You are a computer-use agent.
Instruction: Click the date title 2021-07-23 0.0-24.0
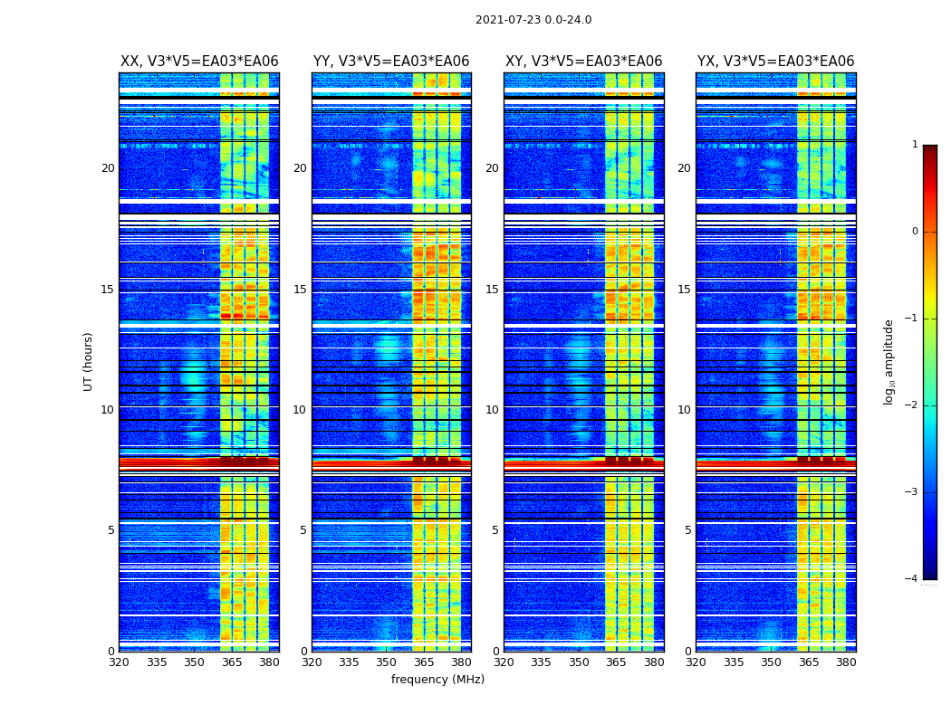(x=533, y=20)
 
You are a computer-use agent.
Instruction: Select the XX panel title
(x=199, y=62)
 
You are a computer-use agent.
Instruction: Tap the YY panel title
(x=391, y=62)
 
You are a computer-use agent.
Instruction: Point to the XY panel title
(x=583, y=62)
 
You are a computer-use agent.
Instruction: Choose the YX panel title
(x=775, y=62)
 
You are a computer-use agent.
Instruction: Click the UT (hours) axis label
(x=89, y=361)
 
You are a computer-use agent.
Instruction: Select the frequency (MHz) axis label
(x=437, y=680)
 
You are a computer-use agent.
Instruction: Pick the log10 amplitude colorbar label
(x=889, y=361)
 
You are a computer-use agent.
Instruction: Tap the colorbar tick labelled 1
(x=915, y=145)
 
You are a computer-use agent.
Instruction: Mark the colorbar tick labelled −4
(x=912, y=579)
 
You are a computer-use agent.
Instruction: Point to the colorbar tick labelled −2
(x=912, y=405)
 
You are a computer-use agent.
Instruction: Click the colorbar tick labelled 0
(x=915, y=232)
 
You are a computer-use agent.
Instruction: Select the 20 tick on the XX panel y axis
(x=108, y=168)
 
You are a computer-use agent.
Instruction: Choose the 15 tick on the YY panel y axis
(x=300, y=290)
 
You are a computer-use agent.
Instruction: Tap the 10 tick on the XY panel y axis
(x=492, y=410)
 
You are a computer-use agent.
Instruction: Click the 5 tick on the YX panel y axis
(x=687, y=530)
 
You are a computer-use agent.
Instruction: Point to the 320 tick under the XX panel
(x=119, y=662)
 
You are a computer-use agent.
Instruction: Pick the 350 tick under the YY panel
(x=386, y=662)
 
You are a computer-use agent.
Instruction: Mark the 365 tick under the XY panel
(x=616, y=662)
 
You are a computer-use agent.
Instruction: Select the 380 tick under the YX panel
(x=846, y=662)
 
